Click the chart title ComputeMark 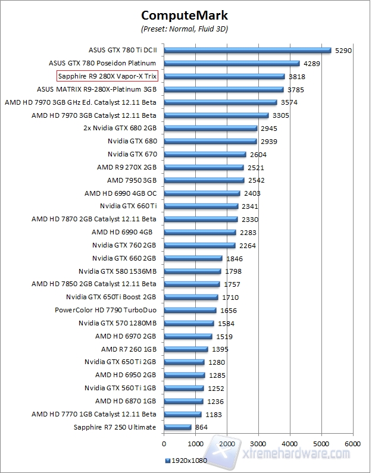coord(185,15)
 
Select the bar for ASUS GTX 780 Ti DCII coord(247,51)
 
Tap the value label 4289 coord(312,63)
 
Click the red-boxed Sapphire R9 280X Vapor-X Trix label coord(110,76)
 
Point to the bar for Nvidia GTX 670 coord(205,155)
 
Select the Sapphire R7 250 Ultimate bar coord(177,427)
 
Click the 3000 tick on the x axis coord(258,443)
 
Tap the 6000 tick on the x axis coord(352,443)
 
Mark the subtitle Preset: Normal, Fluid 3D coord(185,29)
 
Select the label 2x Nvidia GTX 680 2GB coord(120,128)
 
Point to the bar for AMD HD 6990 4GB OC coord(202,193)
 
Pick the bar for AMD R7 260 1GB coord(186,349)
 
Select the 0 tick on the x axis coord(164,443)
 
